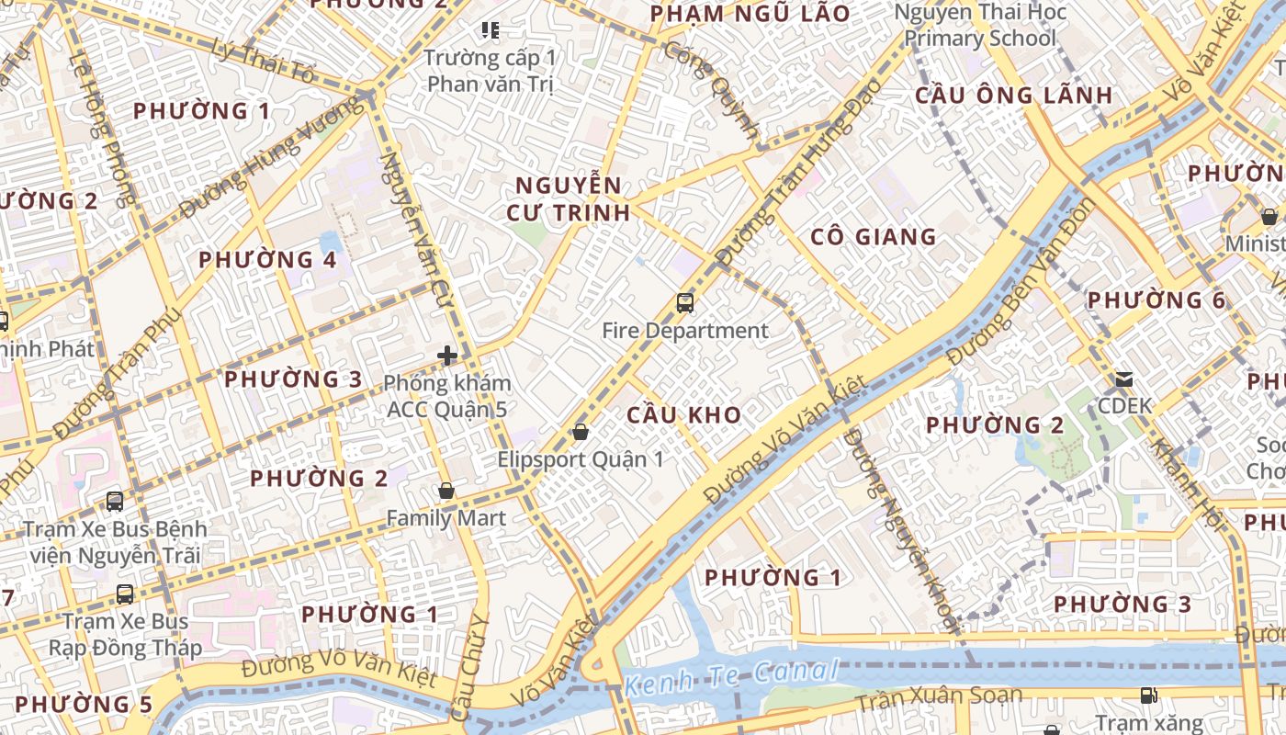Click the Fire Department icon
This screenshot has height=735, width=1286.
684,302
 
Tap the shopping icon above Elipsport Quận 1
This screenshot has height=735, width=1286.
580,431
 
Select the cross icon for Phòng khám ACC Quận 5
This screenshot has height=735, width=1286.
447,356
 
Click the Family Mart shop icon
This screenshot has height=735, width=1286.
446,491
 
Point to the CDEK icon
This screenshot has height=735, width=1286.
1122,379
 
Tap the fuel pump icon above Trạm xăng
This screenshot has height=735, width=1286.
1148,695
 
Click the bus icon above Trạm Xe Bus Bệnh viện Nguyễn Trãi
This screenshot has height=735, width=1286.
115,502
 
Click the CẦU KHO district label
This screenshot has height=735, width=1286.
683,414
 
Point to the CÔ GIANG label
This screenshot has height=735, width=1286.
873,237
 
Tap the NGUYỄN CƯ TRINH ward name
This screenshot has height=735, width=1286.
568,198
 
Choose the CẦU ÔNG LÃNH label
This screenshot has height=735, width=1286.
1013,96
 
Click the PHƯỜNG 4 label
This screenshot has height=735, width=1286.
267,260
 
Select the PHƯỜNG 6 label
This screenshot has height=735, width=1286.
1156,300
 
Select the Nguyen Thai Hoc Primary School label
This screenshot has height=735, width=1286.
980,25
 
